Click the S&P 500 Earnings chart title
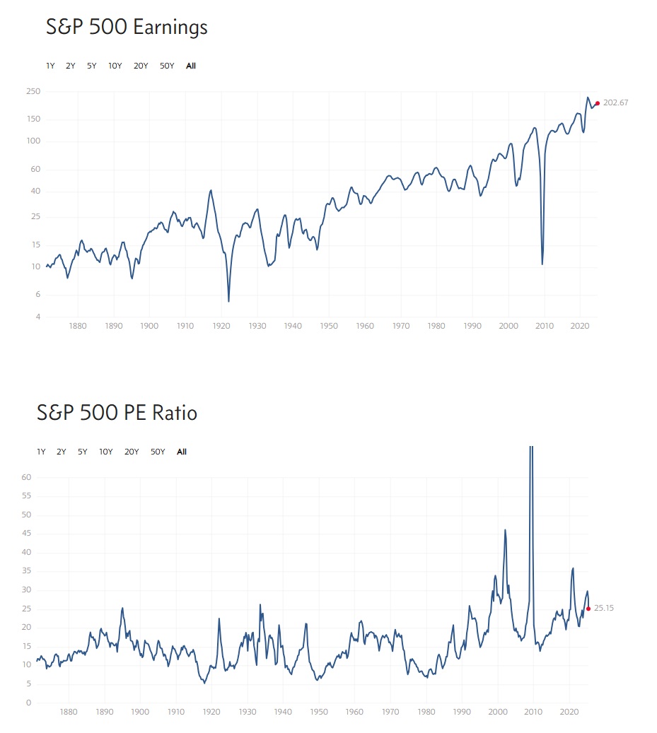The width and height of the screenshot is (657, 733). click(127, 28)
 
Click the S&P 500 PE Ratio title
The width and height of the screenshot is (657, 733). click(117, 413)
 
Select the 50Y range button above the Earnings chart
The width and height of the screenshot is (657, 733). click(167, 66)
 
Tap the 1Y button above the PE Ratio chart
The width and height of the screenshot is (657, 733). click(41, 452)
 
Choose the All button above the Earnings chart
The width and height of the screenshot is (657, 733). click(191, 66)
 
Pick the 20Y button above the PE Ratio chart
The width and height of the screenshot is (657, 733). click(132, 452)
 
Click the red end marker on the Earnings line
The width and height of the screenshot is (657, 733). click(598, 103)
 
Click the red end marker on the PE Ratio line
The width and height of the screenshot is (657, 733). click(588, 609)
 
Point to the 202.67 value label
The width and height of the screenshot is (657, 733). click(615, 103)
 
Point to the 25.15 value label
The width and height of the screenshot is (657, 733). click(604, 608)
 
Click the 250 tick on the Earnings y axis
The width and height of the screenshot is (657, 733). click(54, 92)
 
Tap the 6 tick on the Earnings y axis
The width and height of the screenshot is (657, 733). click(57, 295)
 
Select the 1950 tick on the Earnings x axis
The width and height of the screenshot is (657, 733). click(329, 327)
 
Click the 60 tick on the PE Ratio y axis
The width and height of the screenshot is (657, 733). click(27, 477)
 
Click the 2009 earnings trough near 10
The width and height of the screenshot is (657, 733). click(542, 264)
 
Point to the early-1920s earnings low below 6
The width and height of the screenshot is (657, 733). click(228, 301)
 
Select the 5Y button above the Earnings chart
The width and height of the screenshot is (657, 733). click(92, 66)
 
